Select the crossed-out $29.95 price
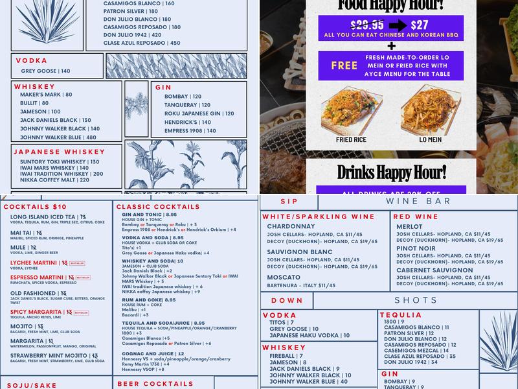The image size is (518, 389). point(368,25)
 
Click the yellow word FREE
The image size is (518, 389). point(344,65)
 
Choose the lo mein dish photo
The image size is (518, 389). point(431,110)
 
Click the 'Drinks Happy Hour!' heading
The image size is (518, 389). point(391,172)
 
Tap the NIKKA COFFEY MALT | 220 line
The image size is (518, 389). point(54,180)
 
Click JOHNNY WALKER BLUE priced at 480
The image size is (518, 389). point(58,137)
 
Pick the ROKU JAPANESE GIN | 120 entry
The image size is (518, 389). point(194,113)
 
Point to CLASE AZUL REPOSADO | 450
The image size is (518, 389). point(142,43)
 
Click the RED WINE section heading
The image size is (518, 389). point(416,217)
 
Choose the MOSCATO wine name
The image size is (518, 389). point(284,277)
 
